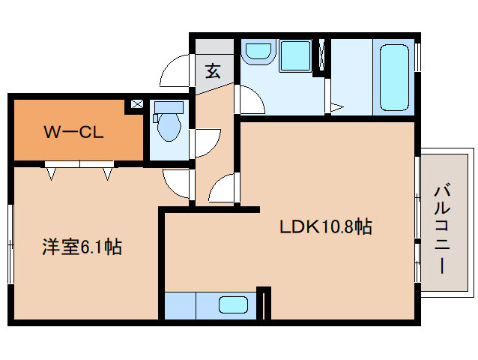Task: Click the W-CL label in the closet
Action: [73, 133]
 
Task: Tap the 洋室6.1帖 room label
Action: [82, 246]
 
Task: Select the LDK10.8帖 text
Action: [326, 226]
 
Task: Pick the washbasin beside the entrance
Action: [258, 52]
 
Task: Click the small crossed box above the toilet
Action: [136, 104]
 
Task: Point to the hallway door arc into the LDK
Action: [223, 187]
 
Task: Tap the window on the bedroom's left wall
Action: [10, 244]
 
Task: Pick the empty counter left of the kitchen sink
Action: [180, 306]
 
